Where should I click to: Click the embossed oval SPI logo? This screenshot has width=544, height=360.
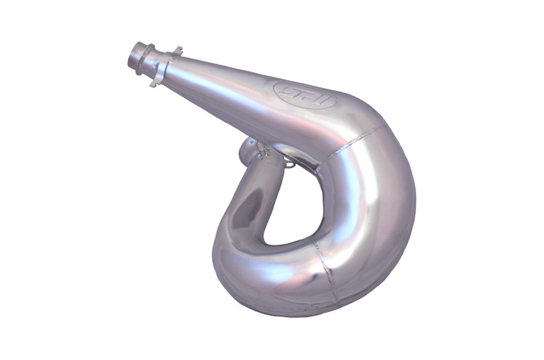[x=304, y=94]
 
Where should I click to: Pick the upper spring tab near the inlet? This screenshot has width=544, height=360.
[x=176, y=51]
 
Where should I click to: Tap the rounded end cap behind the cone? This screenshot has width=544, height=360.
[x=250, y=151]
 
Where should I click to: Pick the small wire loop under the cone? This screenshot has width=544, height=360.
[x=288, y=163]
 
